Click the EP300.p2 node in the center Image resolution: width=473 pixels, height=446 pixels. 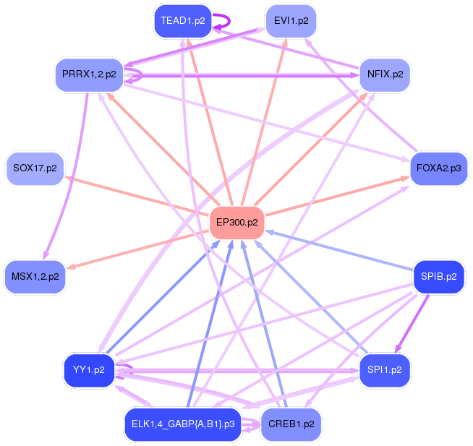point(236,223)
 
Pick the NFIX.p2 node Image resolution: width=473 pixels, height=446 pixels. point(385,74)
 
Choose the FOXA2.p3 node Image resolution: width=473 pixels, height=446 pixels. point(438,168)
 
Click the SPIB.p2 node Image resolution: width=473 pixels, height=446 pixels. point(438,276)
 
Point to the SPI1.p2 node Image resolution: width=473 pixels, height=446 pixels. point(385,370)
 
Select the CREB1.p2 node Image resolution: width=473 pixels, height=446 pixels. point(290,424)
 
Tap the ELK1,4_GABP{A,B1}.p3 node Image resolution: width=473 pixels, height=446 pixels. point(183,424)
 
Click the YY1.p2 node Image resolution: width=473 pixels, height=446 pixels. point(89,370)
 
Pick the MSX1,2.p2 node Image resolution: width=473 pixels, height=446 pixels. point(35,276)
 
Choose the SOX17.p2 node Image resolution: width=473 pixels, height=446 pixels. point(35,168)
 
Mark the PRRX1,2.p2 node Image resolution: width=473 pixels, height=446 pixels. point(87,74)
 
